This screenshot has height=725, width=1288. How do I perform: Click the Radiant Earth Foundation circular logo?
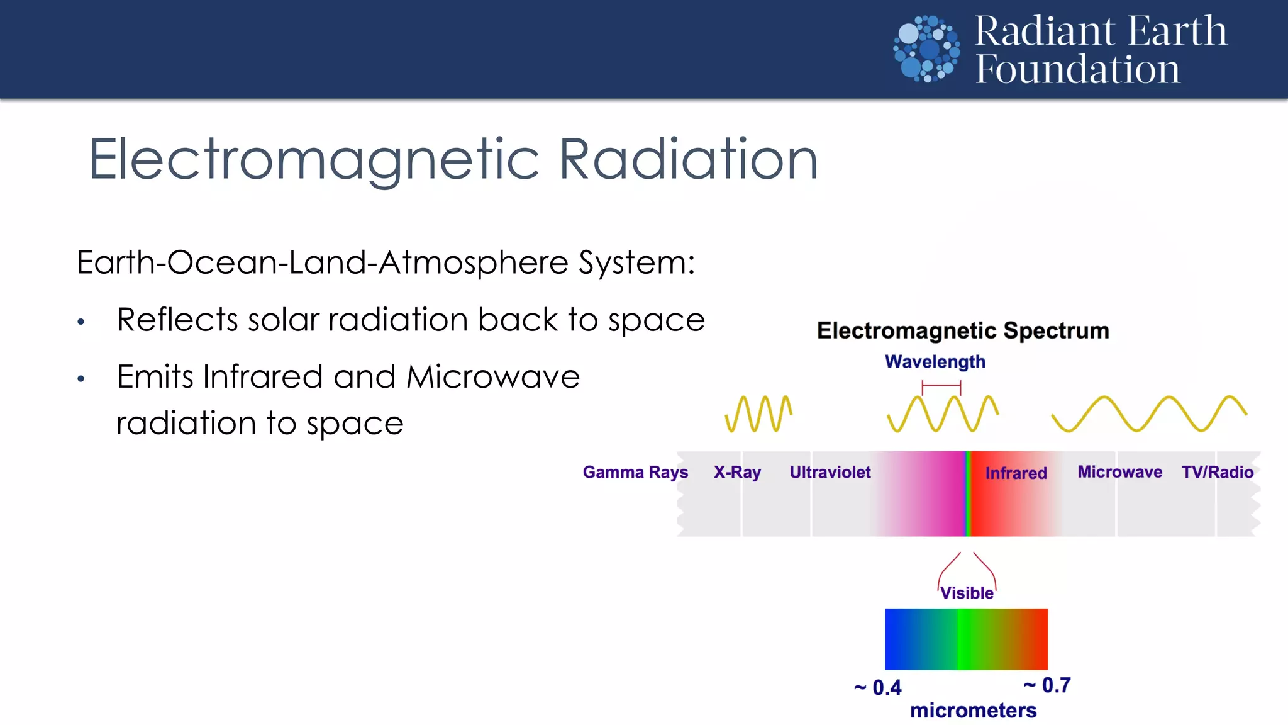pyautogui.click(x=926, y=49)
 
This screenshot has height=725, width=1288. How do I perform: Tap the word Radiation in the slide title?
pyautogui.click(x=688, y=160)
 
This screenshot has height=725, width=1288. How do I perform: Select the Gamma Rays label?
pyautogui.click(x=635, y=472)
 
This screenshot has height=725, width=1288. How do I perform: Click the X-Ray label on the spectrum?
pyautogui.click(x=737, y=472)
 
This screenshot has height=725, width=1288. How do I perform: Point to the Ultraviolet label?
pyautogui.click(x=830, y=472)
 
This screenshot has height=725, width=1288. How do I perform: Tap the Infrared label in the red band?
pyautogui.click(x=1016, y=473)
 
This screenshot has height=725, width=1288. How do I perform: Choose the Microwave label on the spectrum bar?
pyautogui.click(x=1119, y=472)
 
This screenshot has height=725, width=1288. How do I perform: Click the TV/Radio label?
pyautogui.click(x=1217, y=472)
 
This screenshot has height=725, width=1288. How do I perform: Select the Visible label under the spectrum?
pyautogui.click(x=967, y=593)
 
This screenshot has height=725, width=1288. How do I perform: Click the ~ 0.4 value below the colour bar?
pyautogui.click(x=878, y=688)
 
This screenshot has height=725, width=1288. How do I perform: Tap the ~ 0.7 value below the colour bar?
pyautogui.click(x=1047, y=685)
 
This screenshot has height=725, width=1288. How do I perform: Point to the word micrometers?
pyautogui.click(x=973, y=711)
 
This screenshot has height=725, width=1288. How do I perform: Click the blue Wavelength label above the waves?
pyautogui.click(x=935, y=362)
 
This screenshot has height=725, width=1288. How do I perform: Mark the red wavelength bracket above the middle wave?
pyautogui.click(x=941, y=385)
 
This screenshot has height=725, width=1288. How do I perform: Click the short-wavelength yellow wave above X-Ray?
pyautogui.click(x=758, y=413)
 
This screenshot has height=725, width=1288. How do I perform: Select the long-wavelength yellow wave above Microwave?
pyautogui.click(x=1149, y=413)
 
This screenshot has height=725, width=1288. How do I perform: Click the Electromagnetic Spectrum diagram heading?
pyautogui.click(x=963, y=330)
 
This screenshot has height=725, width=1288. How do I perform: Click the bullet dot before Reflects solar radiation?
pyautogui.click(x=80, y=322)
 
